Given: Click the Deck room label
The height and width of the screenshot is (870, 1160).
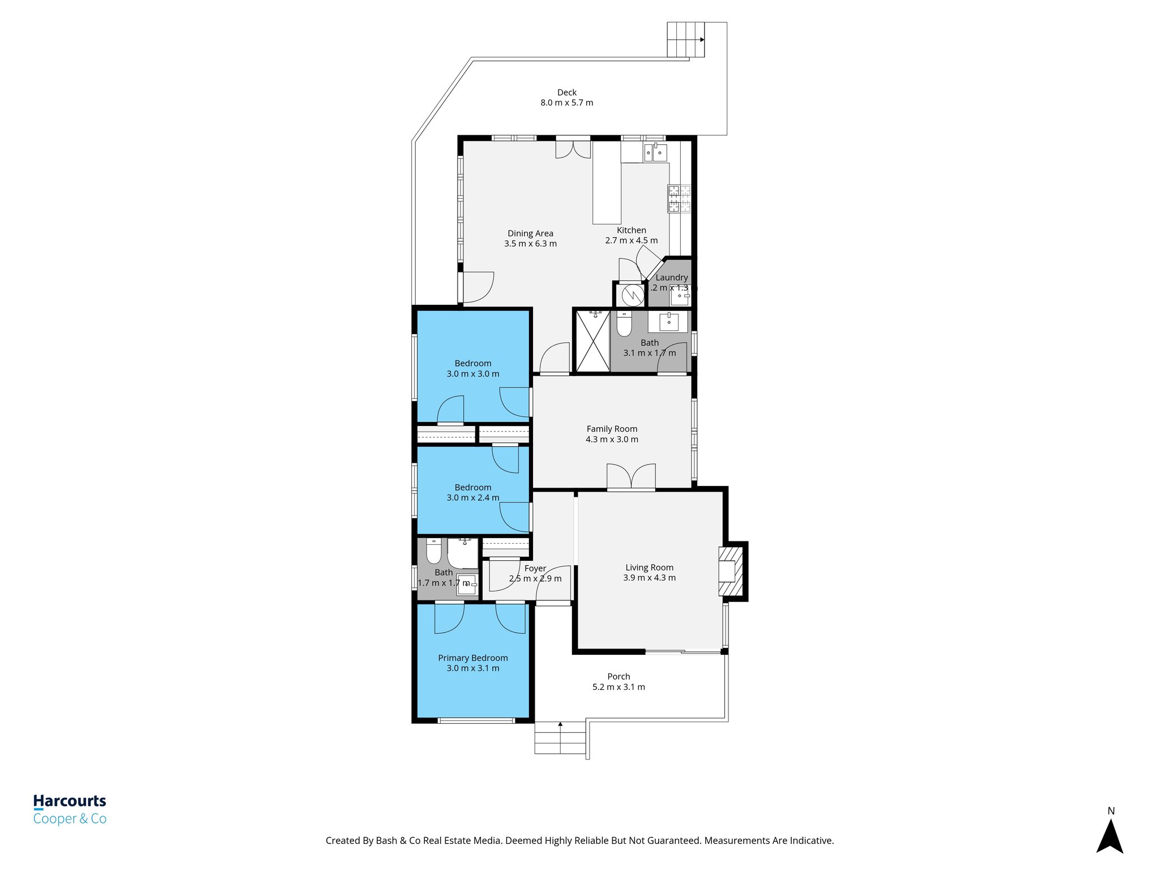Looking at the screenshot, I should [566, 92].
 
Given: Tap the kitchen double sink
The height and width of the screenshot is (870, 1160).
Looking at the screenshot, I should [655, 152].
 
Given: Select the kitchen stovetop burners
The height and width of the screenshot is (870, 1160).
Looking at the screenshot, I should [679, 199].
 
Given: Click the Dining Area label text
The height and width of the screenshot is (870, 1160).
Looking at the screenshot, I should [530, 233].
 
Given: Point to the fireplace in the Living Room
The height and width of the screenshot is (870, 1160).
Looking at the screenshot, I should [731, 570].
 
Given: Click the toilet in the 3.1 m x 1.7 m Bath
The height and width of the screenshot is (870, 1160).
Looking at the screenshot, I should [624, 324].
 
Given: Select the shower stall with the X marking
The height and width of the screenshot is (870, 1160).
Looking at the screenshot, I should [592, 341].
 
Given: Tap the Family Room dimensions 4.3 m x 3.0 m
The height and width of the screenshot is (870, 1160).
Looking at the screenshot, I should [612, 440].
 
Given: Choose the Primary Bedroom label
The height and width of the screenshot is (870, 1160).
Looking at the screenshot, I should [473, 658].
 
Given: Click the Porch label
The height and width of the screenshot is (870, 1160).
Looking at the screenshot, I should [619, 677].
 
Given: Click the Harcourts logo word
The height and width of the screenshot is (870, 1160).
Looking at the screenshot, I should [70, 801].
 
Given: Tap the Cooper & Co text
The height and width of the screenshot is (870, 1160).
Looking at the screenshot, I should [70, 819].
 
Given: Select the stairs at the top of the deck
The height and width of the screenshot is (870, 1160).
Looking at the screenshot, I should [685, 40].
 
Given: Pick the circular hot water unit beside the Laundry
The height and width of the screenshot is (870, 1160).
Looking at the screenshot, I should [632, 295].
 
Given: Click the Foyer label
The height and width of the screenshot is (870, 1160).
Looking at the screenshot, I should [535, 569].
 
